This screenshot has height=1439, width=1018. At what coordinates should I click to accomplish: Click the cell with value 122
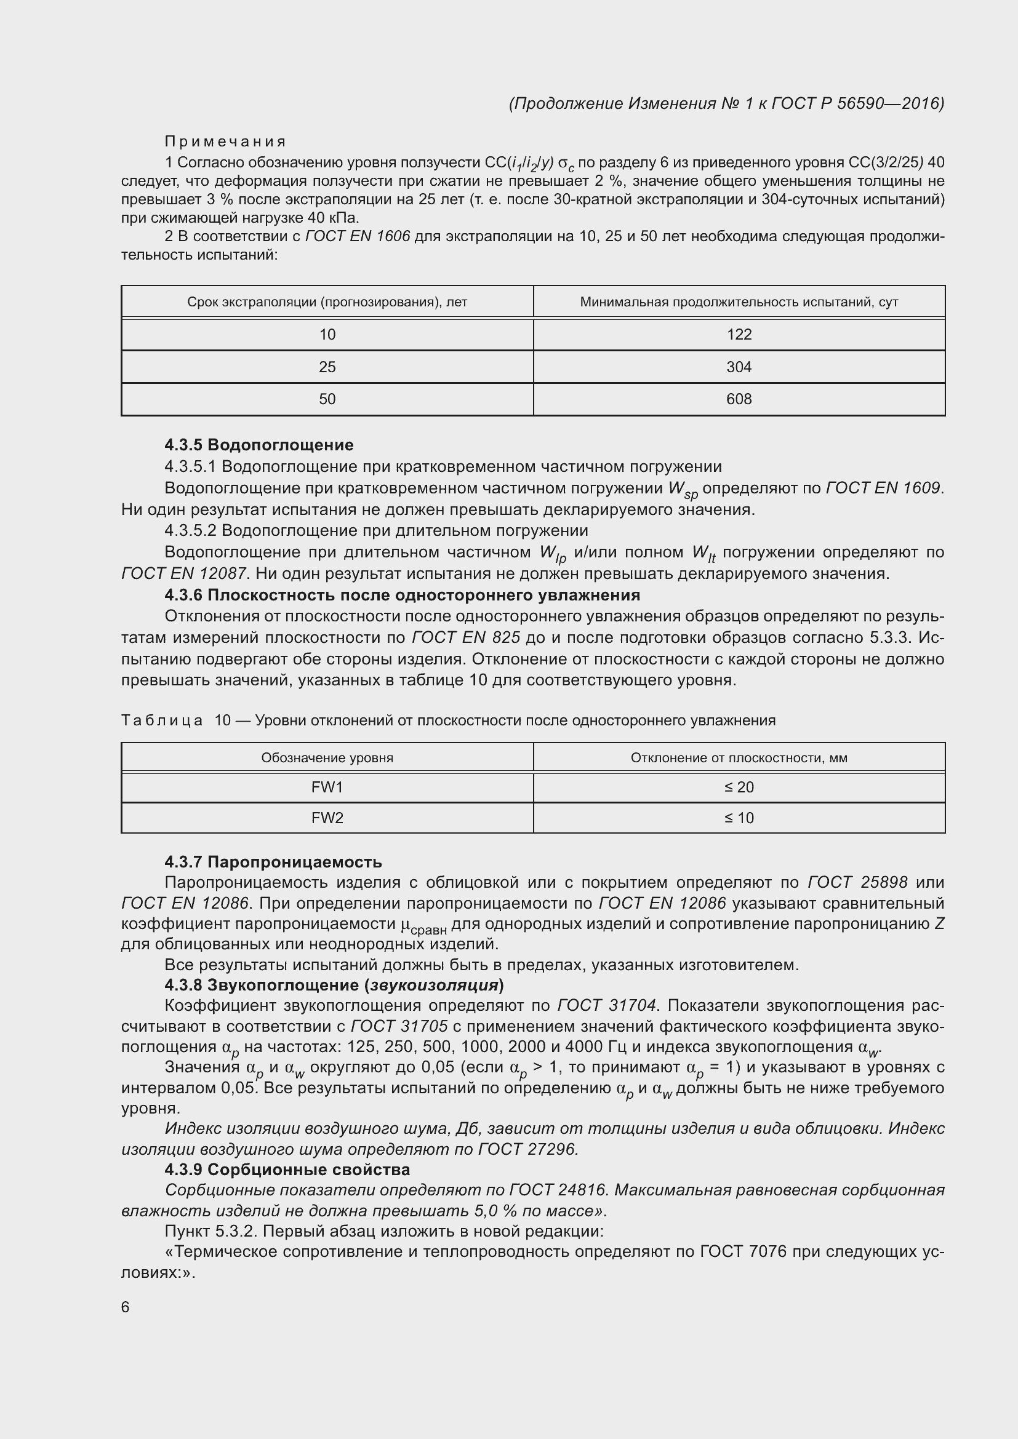click(739, 335)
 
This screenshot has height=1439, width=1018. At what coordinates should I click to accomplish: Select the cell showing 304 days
click(739, 367)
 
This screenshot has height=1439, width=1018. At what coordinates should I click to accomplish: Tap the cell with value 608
click(739, 399)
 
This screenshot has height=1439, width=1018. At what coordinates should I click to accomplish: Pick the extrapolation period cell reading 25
click(327, 367)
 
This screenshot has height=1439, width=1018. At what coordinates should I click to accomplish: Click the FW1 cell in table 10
click(327, 787)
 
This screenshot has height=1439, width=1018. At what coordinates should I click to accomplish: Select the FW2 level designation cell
click(327, 818)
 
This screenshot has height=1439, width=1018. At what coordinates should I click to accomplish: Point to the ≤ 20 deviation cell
click(739, 787)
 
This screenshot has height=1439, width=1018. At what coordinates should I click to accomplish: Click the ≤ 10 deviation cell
click(739, 818)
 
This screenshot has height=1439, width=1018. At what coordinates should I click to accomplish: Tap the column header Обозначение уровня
click(327, 758)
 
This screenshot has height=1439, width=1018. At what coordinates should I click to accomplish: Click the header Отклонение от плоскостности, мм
click(739, 758)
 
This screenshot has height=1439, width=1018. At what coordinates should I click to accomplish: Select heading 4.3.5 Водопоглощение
click(259, 445)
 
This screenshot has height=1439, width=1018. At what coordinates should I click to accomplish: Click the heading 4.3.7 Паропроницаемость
click(273, 862)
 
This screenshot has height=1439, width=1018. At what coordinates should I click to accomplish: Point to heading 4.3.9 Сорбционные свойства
click(287, 1170)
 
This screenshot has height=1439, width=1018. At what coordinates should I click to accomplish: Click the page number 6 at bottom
click(126, 1307)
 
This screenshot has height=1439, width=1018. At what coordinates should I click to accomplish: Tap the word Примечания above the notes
click(225, 142)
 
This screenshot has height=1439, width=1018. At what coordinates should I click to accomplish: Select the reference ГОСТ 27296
click(527, 1149)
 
